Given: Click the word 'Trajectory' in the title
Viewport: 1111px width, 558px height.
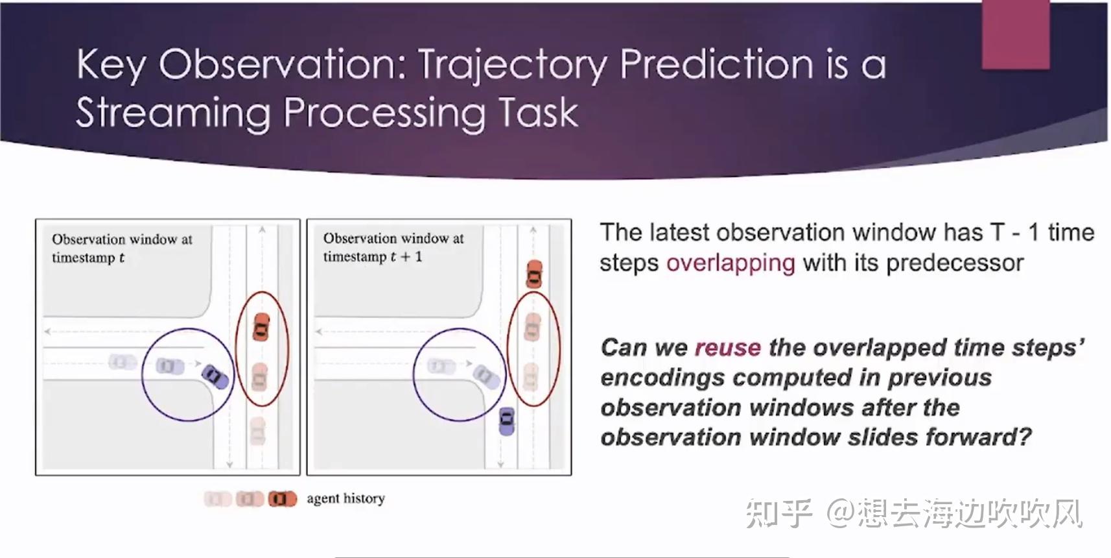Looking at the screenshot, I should pos(513,66).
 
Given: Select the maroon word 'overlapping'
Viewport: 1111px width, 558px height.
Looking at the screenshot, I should pos(731,263).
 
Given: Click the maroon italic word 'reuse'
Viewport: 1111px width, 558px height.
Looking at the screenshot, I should pos(727,348).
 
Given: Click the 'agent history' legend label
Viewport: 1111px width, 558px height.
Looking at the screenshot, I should pos(345,498).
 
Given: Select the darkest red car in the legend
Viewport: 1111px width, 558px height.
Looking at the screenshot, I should pos(282,499).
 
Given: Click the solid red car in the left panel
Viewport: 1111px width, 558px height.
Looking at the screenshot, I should pos(261,326).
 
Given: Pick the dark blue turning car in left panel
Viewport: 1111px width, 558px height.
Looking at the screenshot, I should pos(215,376).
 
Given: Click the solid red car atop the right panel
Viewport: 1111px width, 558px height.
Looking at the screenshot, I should pos(533,273).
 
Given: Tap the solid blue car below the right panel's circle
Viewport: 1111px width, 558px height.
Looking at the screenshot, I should pos(507,420).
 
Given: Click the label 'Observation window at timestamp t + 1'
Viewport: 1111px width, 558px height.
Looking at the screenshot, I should pos(393,247).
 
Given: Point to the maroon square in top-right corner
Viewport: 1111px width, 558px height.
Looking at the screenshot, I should pos(1015,34).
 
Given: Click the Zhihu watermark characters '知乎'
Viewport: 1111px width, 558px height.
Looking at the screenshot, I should pos(778,514).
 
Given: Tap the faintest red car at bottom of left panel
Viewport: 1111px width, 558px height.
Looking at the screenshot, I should pos(258,430).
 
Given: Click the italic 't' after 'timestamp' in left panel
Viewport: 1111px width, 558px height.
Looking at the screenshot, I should pos(121,258).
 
